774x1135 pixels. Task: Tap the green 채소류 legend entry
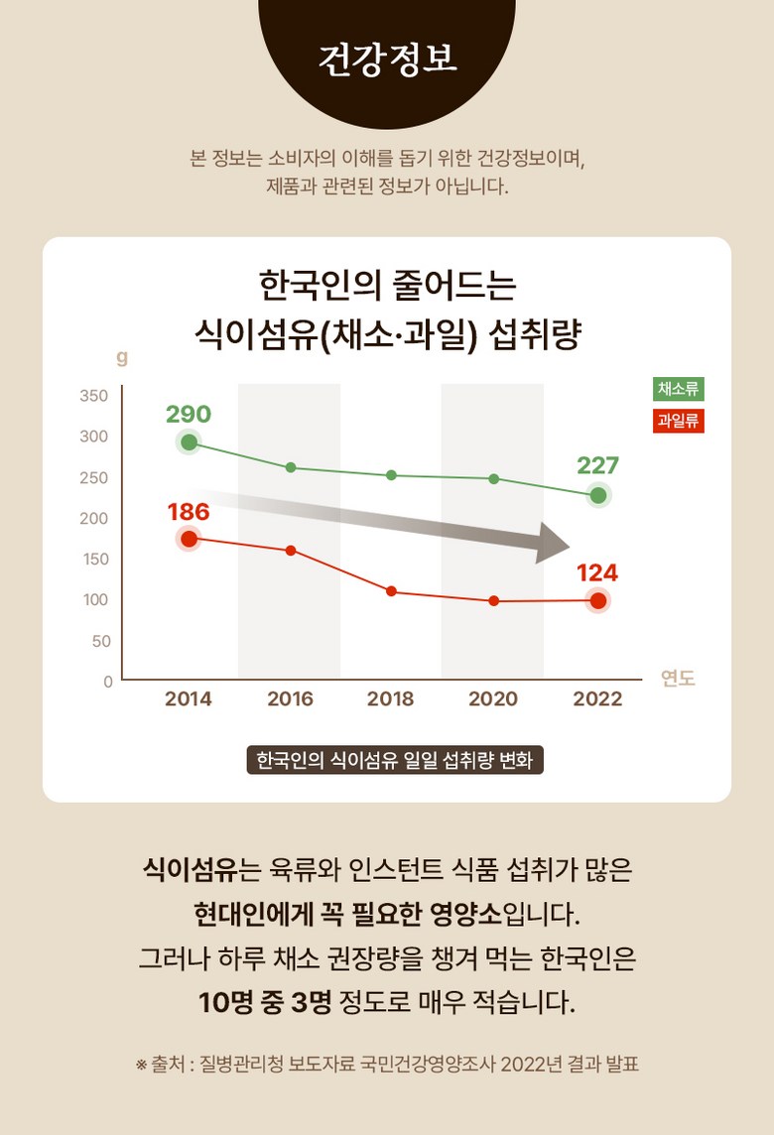(x=679, y=389)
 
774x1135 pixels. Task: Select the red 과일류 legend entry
(x=679, y=421)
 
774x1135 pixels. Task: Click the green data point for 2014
(x=189, y=442)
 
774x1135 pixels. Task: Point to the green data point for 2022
(x=598, y=495)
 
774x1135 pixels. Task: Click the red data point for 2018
(x=391, y=591)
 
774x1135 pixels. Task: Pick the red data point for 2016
(x=291, y=550)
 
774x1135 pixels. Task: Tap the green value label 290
(x=189, y=414)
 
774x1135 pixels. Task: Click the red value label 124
(x=597, y=572)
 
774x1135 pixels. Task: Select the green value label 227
(x=597, y=465)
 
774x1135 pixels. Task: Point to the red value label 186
(x=189, y=512)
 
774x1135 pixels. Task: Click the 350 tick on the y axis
(x=93, y=396)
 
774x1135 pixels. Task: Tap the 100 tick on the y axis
(x=95, y=599)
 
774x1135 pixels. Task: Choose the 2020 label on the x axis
(x=493, y=698)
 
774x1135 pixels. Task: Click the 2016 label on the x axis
(x=290, y=698)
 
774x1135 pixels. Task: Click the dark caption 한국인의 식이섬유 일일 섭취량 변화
(x=395, y=761)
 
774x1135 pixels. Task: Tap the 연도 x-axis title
(x=678, y=679)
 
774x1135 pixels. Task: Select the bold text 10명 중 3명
(x=264, y=1000)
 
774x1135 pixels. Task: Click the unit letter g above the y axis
(x=122, y=357)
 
